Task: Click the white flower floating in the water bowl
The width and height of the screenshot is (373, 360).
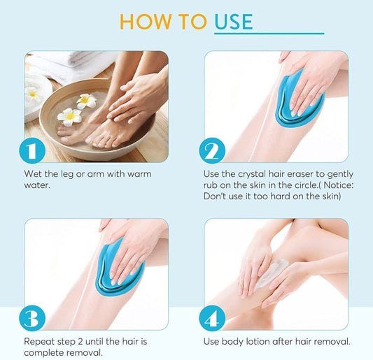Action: (69, 116)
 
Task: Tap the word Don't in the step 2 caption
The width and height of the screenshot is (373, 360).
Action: (216, 196)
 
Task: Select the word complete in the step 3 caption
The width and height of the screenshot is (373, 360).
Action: (45, 353)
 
